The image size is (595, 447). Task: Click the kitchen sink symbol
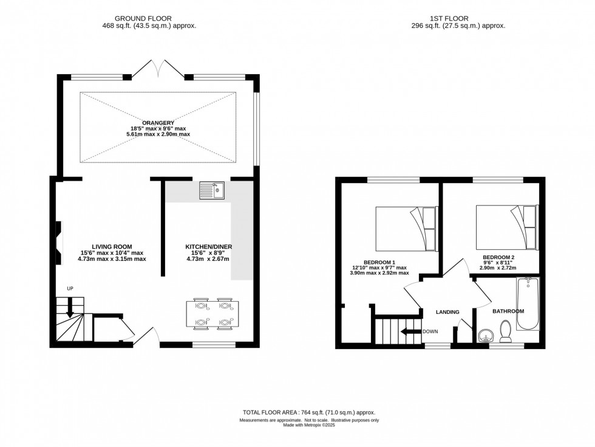click(x=212, y=192)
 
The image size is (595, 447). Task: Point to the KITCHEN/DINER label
click(x=209, y=246)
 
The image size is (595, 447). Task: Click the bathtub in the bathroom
click(x=527, y=304)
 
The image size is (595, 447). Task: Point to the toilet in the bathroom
click(x=504, y=331)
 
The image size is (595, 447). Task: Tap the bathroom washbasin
click(x=484, y=336)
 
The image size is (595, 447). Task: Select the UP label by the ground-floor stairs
click(x=70, y=289)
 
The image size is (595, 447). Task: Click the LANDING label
click(x=447, y=312)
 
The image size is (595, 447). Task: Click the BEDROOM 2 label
click(x=498, y=257)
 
